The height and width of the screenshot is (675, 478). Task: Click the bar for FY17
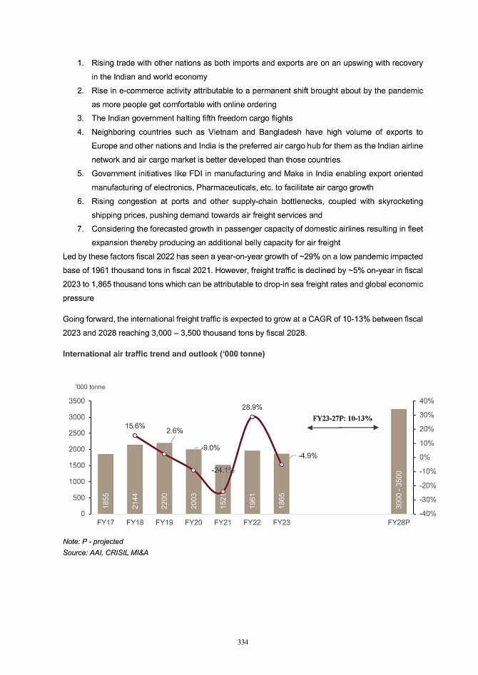click(106, 484)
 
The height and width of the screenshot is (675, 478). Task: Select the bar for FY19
click(164, 478)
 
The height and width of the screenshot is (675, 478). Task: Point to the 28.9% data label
click(253, 407)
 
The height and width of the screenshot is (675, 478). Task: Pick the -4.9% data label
click(307, 456)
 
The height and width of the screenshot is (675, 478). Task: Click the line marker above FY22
click(253, 416)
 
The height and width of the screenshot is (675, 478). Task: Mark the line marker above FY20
click(193, 470)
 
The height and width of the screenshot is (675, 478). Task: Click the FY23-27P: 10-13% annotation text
click(345, 417)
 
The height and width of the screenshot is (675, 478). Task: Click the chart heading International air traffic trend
click(164, 355)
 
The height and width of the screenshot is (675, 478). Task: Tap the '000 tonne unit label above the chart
click(91, 387)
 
